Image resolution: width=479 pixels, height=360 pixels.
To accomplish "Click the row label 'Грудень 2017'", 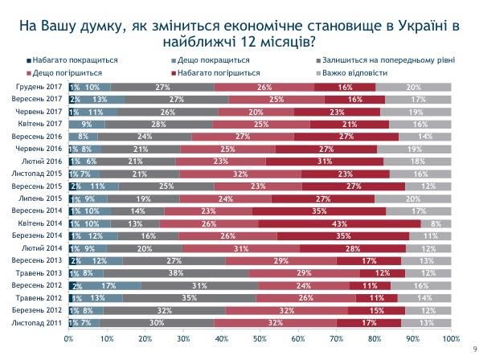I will (40, 87).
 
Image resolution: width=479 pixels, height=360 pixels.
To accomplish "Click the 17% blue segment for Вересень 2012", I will (108, 285).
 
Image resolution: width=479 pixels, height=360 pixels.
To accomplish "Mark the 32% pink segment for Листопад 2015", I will (240, 174).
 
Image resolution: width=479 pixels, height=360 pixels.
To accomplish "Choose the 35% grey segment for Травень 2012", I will (186, 297).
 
